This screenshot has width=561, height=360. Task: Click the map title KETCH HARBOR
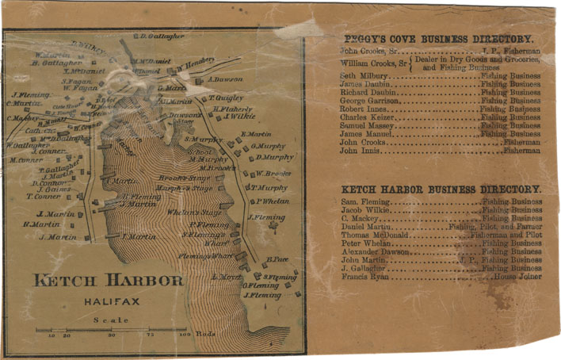pos(109,281)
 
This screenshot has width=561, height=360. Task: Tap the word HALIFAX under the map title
pos(109,301)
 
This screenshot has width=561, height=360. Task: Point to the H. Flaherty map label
pos(233,109)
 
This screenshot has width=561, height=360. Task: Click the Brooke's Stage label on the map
pos(183,178)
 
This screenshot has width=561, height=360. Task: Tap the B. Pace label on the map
pos(275,259)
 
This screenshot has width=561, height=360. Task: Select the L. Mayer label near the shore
pos(225,277)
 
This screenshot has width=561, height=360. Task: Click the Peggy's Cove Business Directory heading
pos(438,39)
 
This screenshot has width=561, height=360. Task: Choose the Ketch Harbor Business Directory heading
pos(441,190)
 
